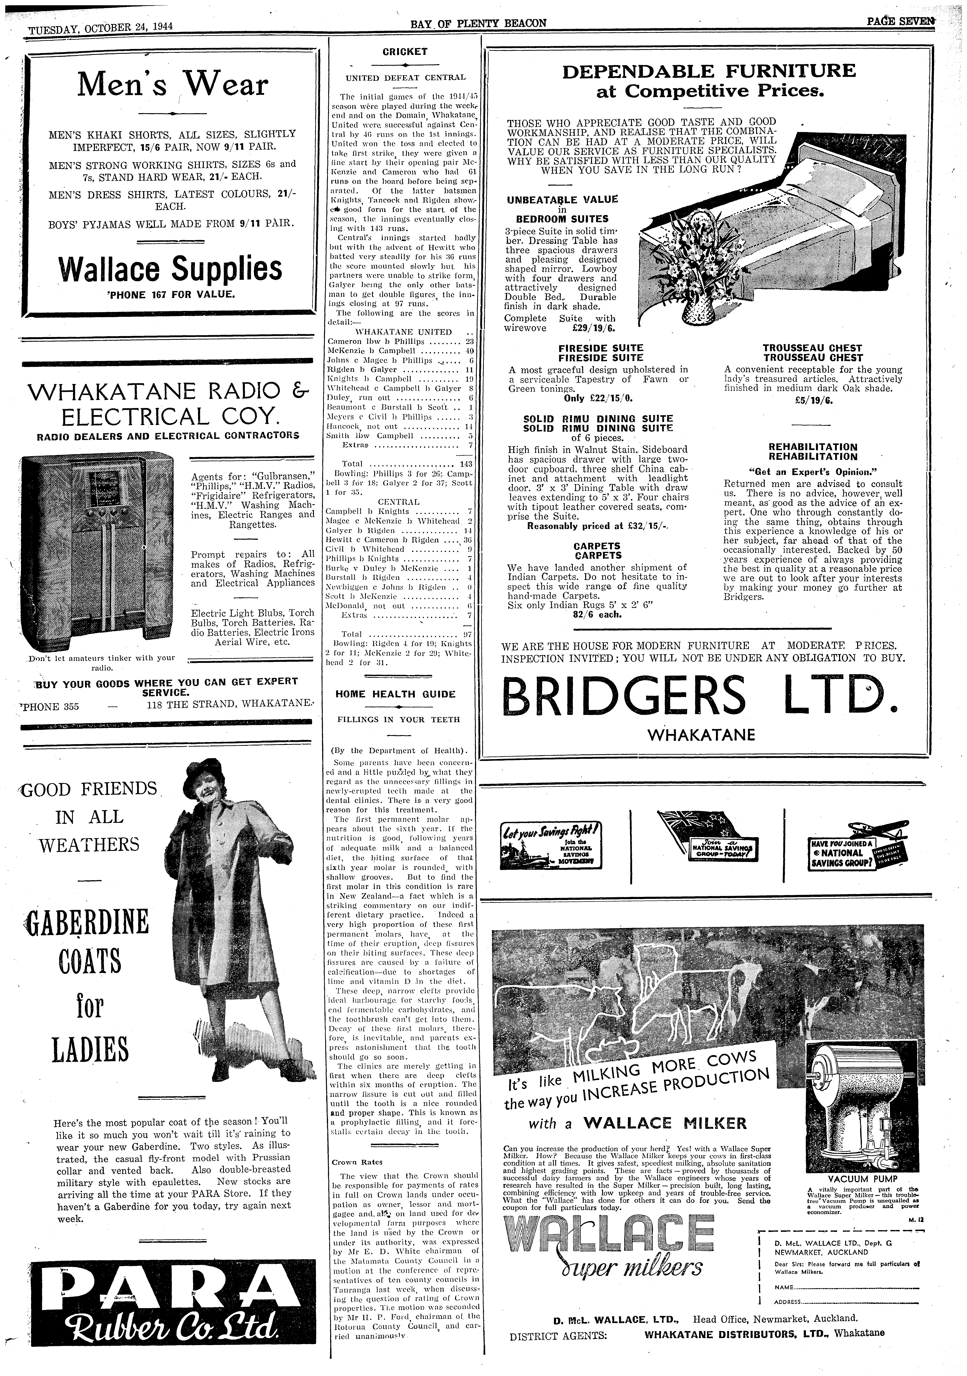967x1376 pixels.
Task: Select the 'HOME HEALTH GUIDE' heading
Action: pos(396,694)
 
